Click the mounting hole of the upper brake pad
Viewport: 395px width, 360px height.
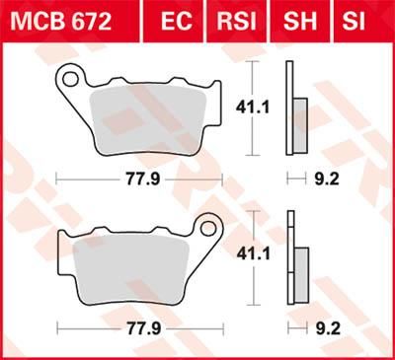[70, 76]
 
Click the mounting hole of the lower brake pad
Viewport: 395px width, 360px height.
[208, 230]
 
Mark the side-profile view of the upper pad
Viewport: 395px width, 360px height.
[293, 108]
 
